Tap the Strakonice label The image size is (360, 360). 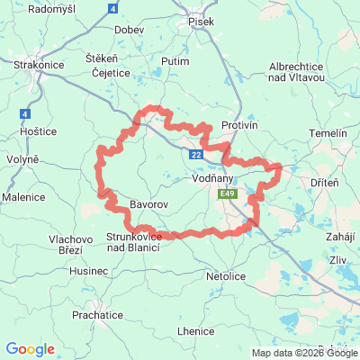(37, 66)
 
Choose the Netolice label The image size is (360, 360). (226, 275)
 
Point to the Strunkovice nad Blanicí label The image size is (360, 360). (133, 241)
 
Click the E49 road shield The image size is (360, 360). (227, 193)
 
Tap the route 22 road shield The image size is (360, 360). (196, 155)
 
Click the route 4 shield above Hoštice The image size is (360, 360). (24, 114)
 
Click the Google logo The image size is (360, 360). (30, 348)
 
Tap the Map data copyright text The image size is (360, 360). (304, 353)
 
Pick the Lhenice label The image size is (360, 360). (195, 331)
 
